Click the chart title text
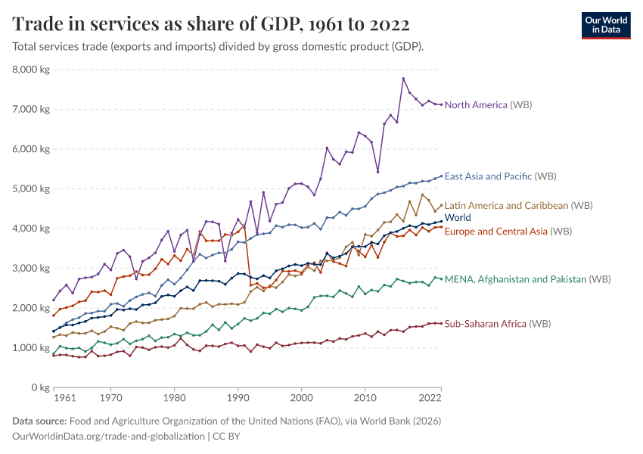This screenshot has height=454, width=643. point(211,24)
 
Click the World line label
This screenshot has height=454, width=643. point(458,218)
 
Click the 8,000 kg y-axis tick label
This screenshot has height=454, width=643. point(31,70)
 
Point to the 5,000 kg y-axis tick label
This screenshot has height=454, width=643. point(31,188)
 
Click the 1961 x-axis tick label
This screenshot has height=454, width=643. point(64,398)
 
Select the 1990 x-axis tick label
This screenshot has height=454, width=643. point(238,398)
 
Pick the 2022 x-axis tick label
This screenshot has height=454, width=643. point(429,398)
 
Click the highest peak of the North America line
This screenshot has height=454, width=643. point(403,79)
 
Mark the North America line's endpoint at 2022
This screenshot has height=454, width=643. point(441,104)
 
